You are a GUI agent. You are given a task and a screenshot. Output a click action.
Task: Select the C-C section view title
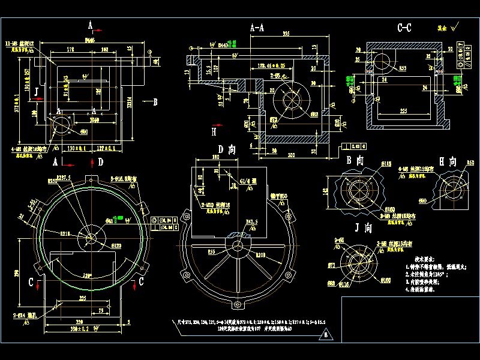point(404,28)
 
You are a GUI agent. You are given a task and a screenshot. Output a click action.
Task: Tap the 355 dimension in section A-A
point(287,35)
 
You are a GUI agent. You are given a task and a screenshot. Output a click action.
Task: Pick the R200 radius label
point(262,255)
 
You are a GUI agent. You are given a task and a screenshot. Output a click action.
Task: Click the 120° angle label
point(88,275)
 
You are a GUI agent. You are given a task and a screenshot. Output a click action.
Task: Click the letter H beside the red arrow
point(213,131)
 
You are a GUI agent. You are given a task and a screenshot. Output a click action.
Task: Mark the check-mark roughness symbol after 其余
point(456,26)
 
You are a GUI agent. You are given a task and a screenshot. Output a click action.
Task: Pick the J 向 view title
point(364,228)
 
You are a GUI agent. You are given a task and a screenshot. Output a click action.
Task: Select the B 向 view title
point(355,161)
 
